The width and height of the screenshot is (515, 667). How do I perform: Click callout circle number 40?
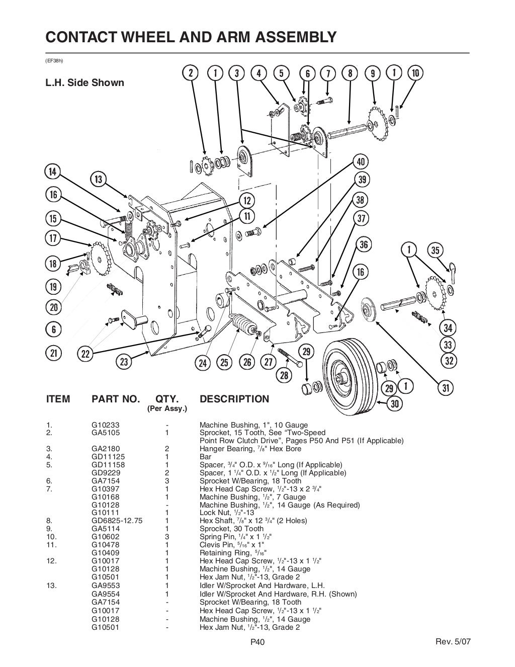tap(361, 162)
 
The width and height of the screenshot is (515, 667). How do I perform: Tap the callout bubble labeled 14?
tap(52, 171)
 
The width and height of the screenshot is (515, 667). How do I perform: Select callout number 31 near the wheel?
tap(446, 387)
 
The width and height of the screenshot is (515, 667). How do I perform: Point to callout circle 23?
tap(124, 361)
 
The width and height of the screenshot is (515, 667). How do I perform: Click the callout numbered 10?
tap(415, 73)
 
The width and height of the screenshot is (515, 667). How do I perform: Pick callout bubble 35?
tap(436, 250)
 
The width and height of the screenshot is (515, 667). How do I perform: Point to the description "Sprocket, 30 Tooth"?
tap(231, 529)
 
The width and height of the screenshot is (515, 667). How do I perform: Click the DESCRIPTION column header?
tap(234, 399)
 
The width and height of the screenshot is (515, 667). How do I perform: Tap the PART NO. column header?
tap(116, 399)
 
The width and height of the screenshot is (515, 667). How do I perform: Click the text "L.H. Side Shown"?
tap(84, 82)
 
